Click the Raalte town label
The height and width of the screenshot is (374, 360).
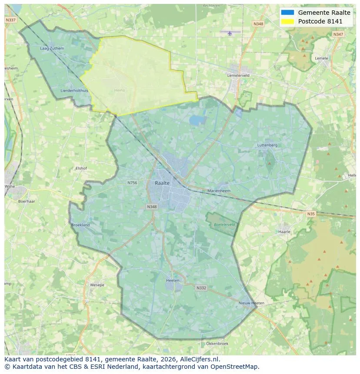(162, 183)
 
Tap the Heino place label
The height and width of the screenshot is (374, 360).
(119, 90)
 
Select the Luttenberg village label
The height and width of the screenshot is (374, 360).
(267, 145)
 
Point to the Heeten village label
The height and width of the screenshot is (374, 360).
(173, 281)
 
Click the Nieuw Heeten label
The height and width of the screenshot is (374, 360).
(251, 303)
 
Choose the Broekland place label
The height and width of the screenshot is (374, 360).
(80, 225)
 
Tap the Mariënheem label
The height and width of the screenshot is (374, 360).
(219, 191)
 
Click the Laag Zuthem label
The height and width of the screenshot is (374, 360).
(52, 48)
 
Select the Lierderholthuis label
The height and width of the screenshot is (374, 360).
(74, 90)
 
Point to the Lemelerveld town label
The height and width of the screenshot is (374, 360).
(238, 75)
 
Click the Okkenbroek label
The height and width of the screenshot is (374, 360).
(217, 344)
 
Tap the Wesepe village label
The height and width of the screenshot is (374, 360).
(97, 285)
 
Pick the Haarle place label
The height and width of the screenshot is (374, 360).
(284, 232)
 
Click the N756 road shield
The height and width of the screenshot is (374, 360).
(132, 183)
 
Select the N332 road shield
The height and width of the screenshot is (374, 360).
(201, 288)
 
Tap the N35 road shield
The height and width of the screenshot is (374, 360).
(310, 214)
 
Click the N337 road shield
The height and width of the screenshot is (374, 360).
(10, 20)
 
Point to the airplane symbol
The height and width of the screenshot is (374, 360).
(230, 32)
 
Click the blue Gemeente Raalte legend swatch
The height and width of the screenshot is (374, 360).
(287, 13)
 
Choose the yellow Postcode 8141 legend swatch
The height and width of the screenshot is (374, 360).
(287, 21)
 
